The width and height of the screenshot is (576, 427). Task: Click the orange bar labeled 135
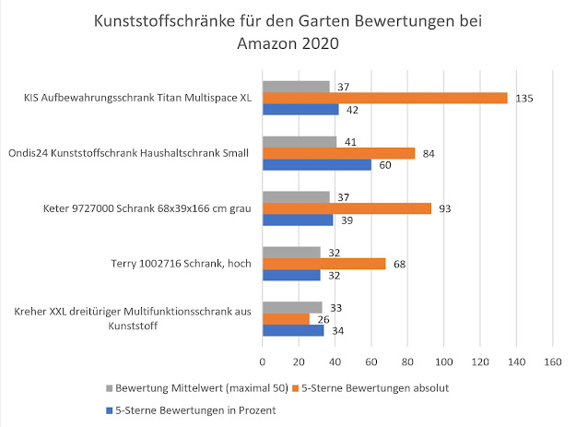[384, 98]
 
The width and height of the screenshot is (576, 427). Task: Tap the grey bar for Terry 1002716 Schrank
[291, 252]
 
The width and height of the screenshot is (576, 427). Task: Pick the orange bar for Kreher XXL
[286, 319]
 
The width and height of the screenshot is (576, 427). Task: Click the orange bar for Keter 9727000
[347, 208]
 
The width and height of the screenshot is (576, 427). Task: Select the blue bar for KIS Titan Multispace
[300, 110]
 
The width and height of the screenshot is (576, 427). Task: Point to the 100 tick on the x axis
[443, 362]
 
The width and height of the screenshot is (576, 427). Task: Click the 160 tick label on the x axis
[552, 362]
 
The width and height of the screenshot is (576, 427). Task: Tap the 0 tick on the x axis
[263, 362]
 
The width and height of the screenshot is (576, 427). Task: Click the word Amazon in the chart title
[261, 42]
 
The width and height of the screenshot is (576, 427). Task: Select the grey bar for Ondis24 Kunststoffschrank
[300, 142]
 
